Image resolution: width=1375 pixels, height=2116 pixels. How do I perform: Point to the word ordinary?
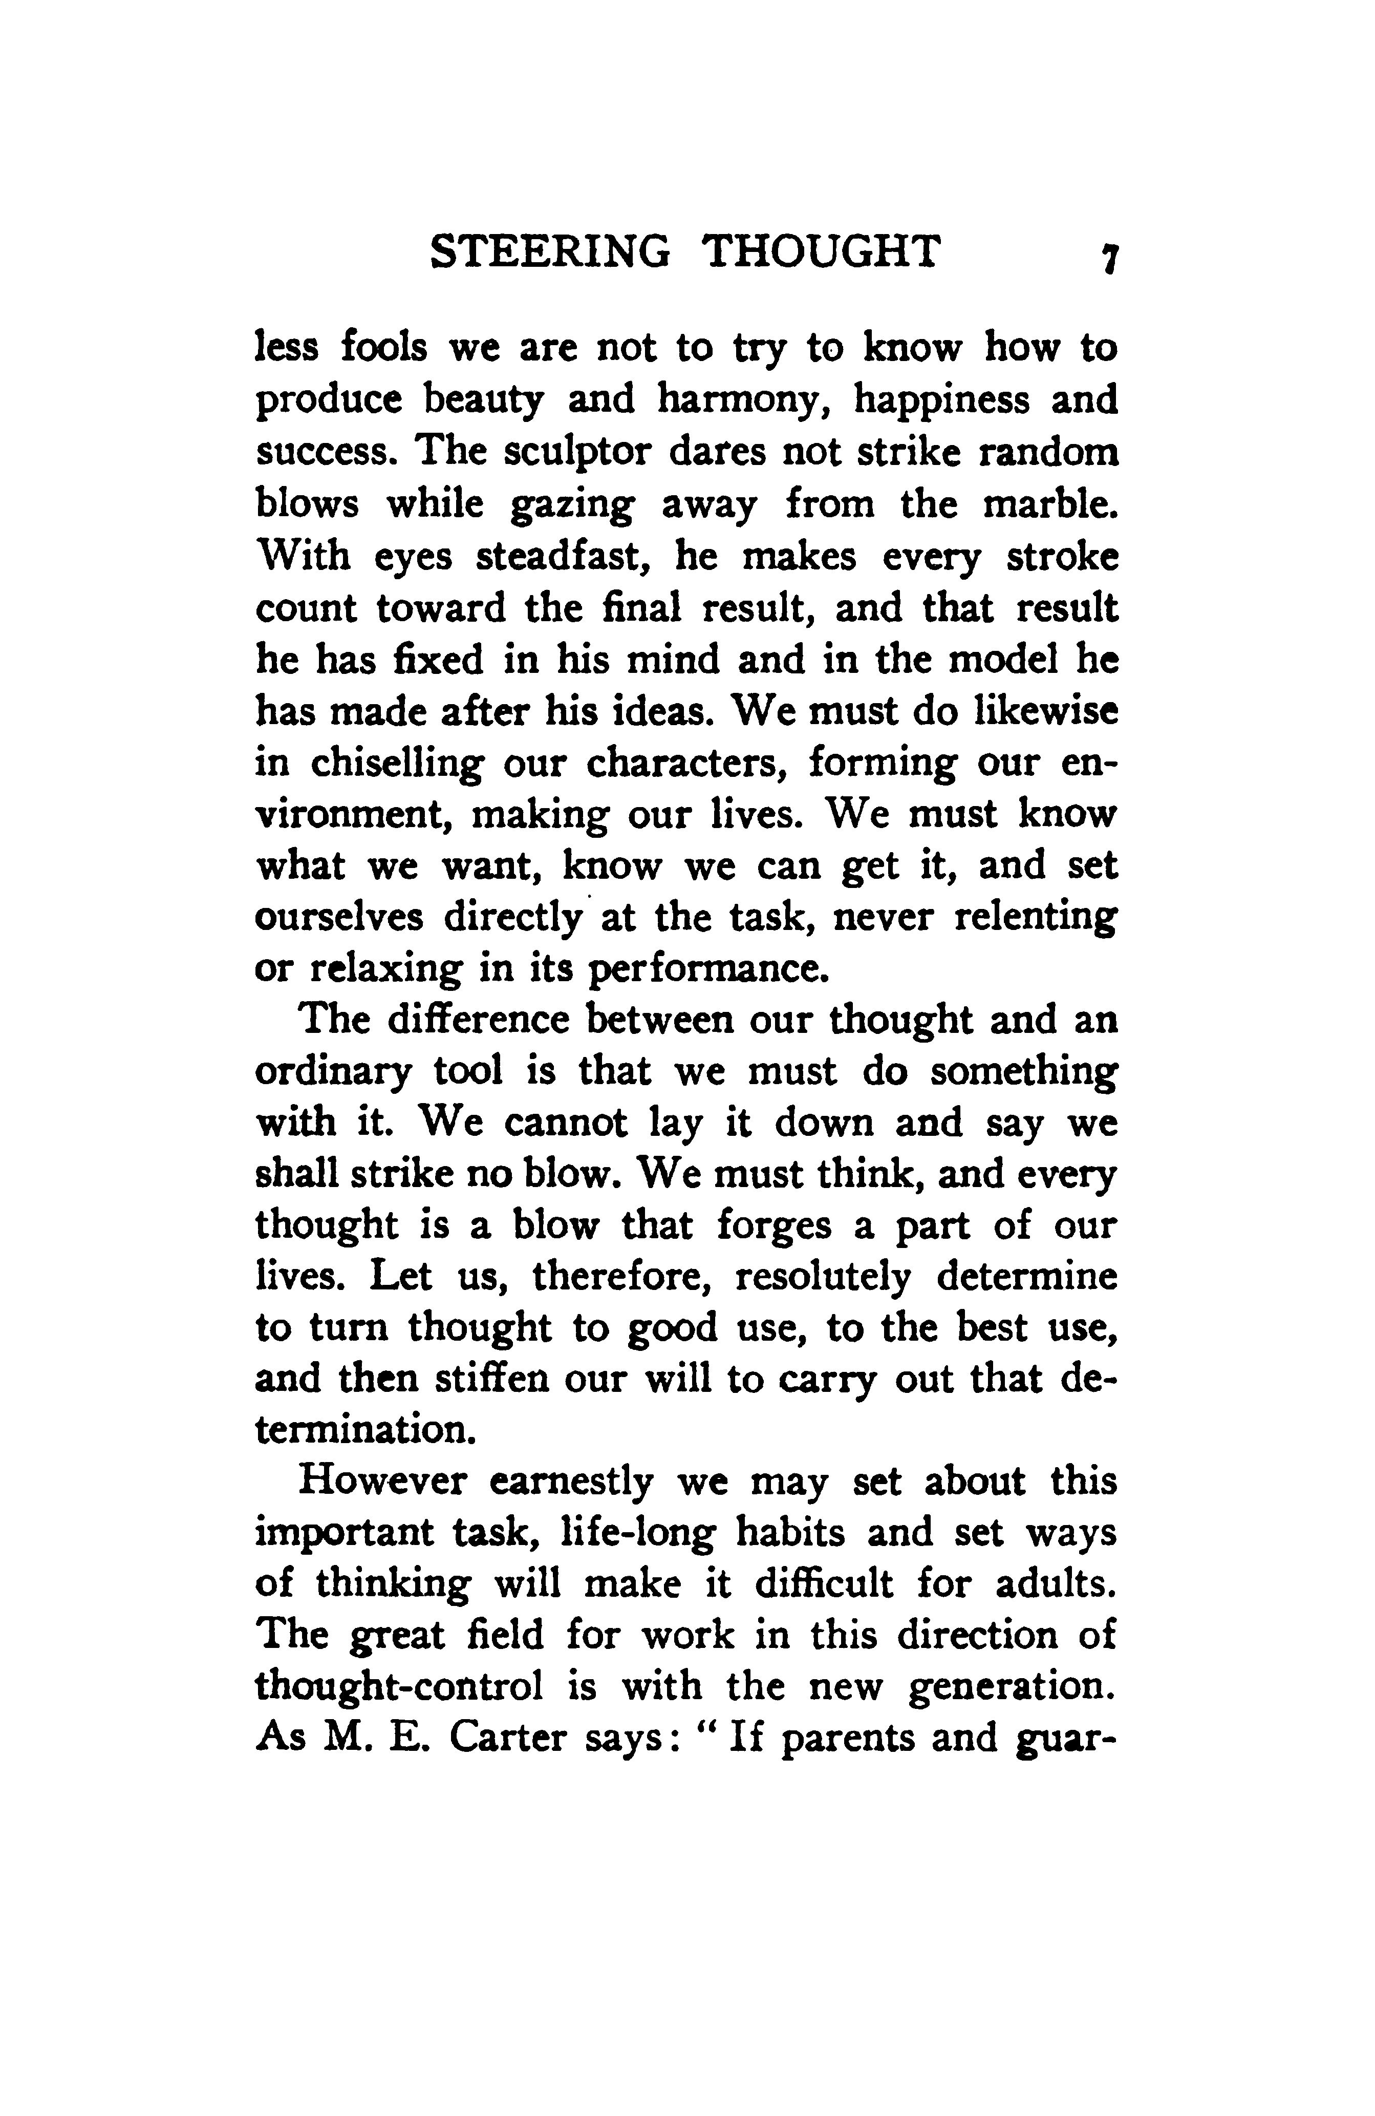(x=332, y=1072)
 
